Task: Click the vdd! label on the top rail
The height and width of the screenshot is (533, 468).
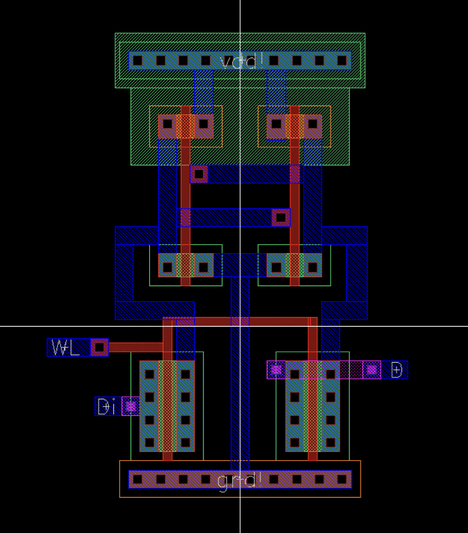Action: click(240, 61)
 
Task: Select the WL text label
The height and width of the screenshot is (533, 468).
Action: click(66, 348)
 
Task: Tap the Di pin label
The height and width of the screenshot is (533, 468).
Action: click(106, 406)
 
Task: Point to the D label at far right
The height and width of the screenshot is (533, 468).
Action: click(396, 370)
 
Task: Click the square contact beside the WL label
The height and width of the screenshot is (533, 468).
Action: click(99, 348)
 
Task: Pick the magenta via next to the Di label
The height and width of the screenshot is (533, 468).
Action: click(130, 406)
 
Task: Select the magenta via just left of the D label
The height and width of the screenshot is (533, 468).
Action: click(372, 370)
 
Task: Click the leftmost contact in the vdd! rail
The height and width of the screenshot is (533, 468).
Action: click(138, 61)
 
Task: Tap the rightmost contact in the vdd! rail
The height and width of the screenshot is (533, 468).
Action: click(342, 61)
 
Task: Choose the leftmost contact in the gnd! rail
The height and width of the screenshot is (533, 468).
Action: click(138, 479)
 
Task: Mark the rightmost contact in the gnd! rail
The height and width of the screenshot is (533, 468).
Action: click(342, 479)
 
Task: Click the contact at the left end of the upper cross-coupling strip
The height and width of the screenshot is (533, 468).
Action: click(199, 174)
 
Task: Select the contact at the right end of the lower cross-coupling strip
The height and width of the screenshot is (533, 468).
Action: click(281, 218)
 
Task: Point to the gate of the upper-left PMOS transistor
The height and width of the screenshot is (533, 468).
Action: click(186, 126)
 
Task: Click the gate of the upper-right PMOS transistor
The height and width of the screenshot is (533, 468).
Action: click(295, 126)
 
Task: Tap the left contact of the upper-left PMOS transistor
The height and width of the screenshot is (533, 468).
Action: click(168, 124)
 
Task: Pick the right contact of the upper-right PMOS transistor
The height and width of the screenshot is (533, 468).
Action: click(312, 124)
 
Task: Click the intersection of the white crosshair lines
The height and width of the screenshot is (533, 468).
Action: click(240, 326)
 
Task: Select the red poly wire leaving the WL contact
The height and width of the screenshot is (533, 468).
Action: click(134, 348)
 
